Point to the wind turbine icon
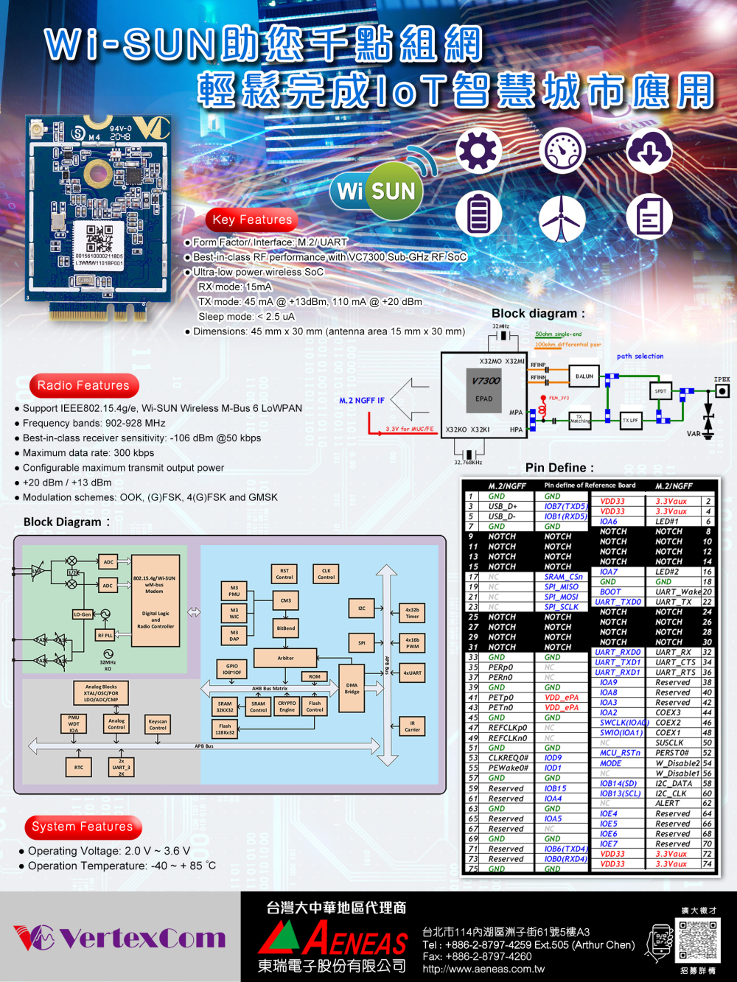[562, 218]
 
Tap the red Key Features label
[252, 220]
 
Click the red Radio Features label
[83, 385]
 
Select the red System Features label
[83, 827]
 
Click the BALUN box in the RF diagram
[584, 376]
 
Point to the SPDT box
[660, 391]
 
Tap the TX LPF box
[630, 421]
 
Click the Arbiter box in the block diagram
[286, 658]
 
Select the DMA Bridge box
[352, 688]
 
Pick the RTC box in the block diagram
[79, 768]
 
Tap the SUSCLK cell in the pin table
[669, 743]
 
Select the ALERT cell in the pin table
[668, 803]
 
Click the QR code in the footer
[697, 939]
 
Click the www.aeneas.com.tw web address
[483, 969]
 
